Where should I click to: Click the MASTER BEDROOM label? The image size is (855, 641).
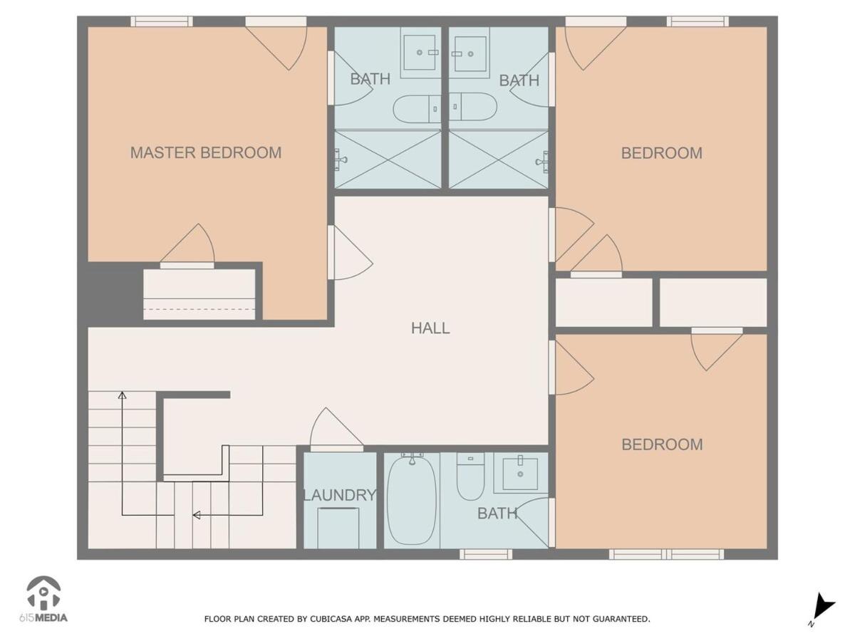click(206, 152)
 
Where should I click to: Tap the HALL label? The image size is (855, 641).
click(430, 328)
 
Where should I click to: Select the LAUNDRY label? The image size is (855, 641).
click(340, 495)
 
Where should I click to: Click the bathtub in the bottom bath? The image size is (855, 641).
click(412, 500)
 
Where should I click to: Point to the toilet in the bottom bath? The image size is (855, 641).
click(470, 477)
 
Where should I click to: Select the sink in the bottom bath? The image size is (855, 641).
click(520, 474)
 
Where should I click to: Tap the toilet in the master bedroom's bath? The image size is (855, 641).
click(416, 109)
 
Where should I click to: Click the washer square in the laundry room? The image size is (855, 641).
click(338, 528)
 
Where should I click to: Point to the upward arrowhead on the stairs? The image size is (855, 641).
click(123, 395)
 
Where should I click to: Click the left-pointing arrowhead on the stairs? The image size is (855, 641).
click(197, 515)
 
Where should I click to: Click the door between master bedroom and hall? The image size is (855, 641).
click(350, 252)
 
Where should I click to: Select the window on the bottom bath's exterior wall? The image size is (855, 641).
click(486, 554)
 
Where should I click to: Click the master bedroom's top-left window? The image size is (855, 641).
click(161, 21)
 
